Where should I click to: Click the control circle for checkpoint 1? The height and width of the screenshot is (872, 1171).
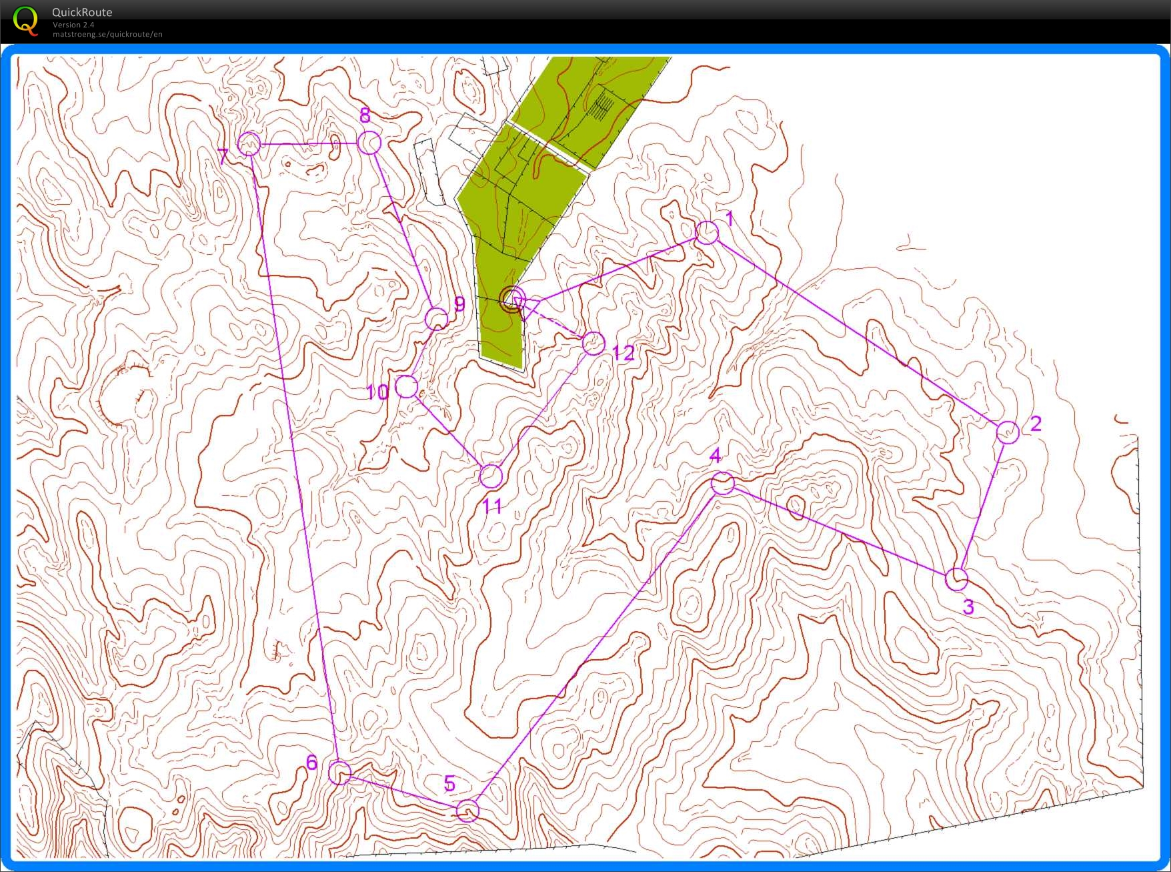[707, 232]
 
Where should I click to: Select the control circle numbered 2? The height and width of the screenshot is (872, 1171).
[1008, 432]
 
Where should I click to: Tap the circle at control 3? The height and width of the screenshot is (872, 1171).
[956, 578]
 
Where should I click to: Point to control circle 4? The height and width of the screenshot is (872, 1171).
[722, 483]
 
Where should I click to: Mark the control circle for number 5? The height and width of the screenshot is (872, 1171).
[467, 811]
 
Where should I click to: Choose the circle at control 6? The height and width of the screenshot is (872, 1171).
[339, 773]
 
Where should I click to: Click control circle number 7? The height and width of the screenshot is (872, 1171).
[249, 143]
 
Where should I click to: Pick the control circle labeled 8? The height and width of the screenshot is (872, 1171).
[369, 142]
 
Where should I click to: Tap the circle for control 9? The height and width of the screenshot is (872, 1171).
[437, 319]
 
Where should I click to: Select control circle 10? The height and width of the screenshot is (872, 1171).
[406, 386]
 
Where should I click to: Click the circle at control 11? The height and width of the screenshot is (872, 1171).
[491, 476]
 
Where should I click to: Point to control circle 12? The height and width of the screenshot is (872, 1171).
[594, 344]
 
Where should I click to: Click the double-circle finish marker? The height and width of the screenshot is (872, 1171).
[512, 300]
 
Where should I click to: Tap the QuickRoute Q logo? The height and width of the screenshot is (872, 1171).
[25, 20]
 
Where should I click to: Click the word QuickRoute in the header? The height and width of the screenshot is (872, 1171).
[82, 12]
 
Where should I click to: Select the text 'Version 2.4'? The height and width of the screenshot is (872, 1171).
[73, 25]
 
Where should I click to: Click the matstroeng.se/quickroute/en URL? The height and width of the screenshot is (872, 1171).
[107, 34]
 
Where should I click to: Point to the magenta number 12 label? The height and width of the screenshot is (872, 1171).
[624, 353]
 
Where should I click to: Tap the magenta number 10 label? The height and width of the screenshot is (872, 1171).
[377, 392]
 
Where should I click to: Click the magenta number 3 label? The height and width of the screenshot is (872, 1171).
[968, 607]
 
